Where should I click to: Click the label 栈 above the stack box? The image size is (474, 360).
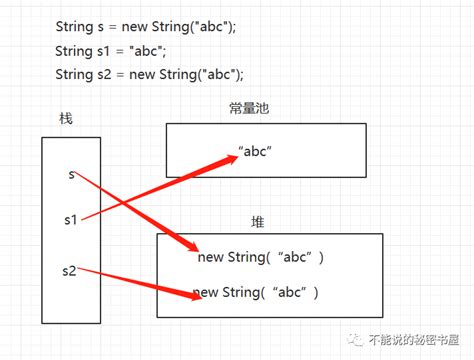coord(66,119)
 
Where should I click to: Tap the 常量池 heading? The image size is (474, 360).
coord(249,108)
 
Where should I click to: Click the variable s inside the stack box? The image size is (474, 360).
coord(71,174)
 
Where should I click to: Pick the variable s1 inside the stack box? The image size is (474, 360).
coord(71,217)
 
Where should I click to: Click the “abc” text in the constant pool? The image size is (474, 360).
coord(254,152)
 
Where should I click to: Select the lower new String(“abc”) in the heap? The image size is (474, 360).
coord(256,292)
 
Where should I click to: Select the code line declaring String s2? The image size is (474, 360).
coord(149,74)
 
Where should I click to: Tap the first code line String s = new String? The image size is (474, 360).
coord(145,26)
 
